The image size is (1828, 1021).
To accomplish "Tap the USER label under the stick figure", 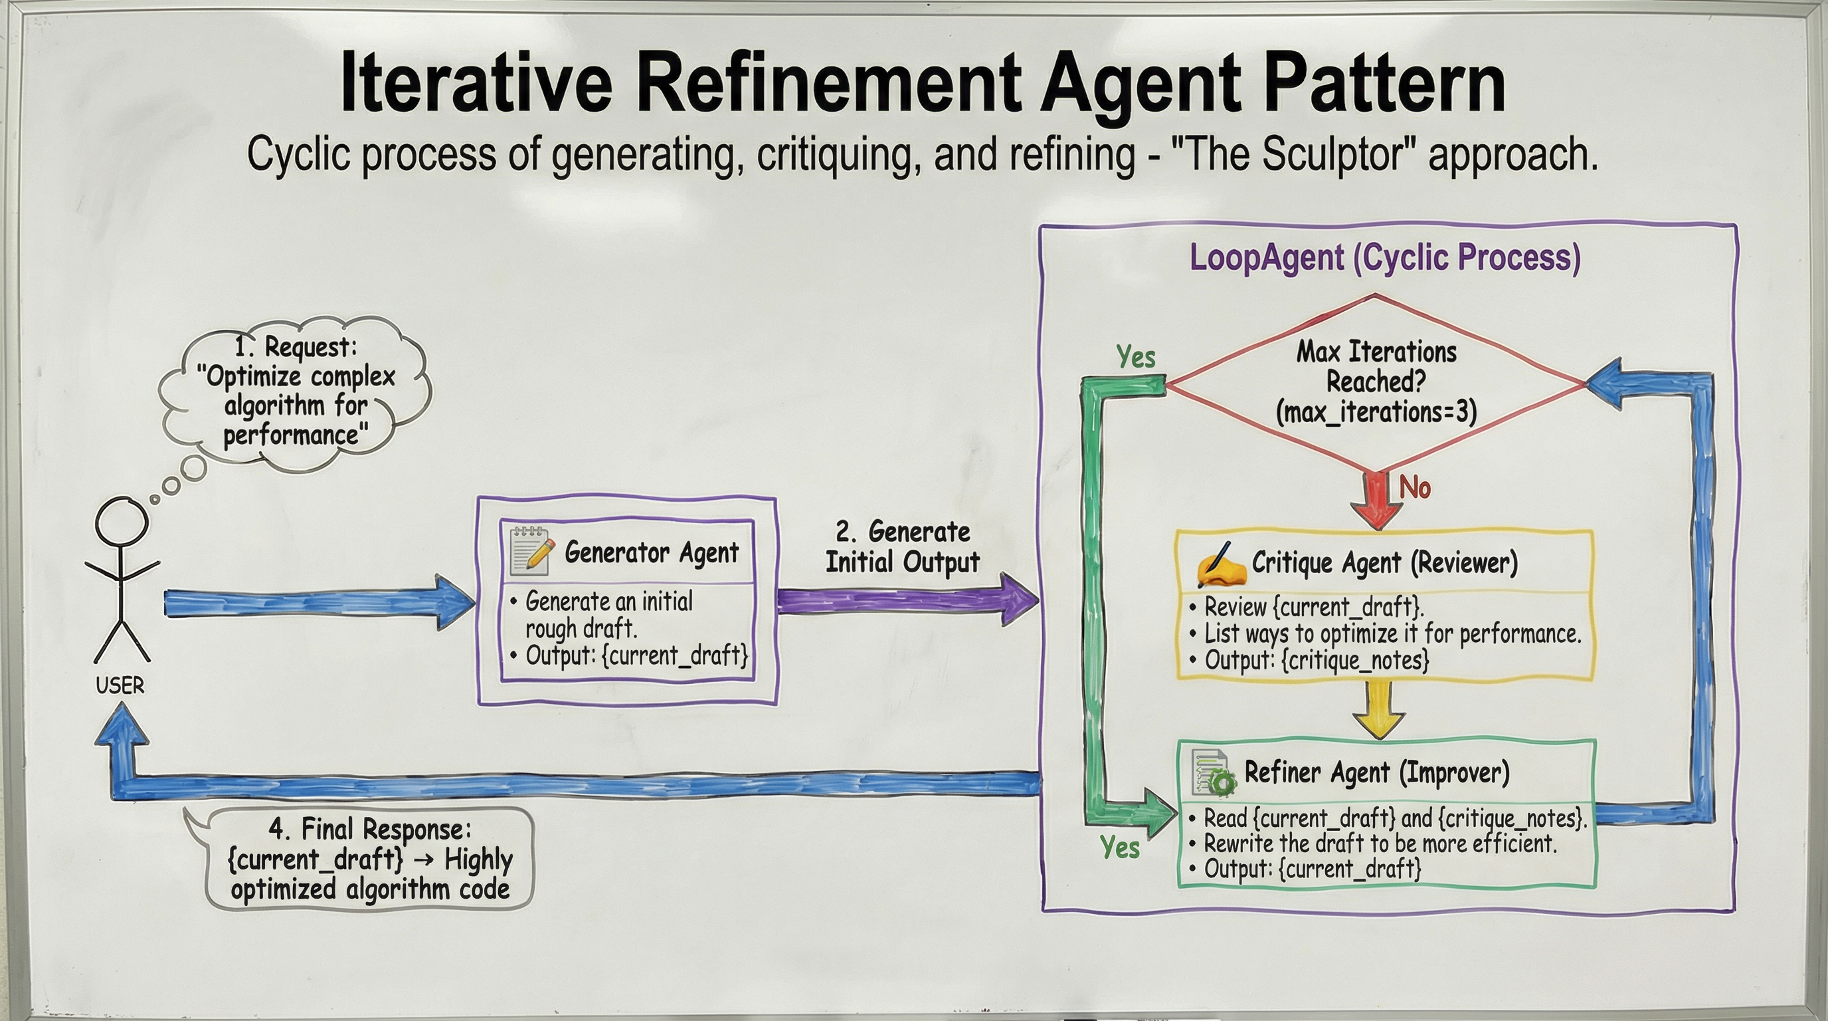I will click(x=120, y=685).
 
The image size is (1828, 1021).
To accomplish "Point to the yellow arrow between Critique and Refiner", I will click(x=1378, y=710).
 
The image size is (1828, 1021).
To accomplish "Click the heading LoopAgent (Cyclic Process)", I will click(x=1384, y=257).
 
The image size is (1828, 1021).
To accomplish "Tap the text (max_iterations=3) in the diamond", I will click(x=1376, y=412).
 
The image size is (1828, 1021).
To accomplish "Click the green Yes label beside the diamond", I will click(x=1135, y=356).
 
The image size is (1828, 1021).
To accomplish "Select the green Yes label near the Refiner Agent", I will click(x=1120, y=847).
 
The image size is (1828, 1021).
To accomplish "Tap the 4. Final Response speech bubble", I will click(x=370, y=859).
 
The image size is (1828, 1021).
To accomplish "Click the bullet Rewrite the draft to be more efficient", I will click(x=1380, y=844).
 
